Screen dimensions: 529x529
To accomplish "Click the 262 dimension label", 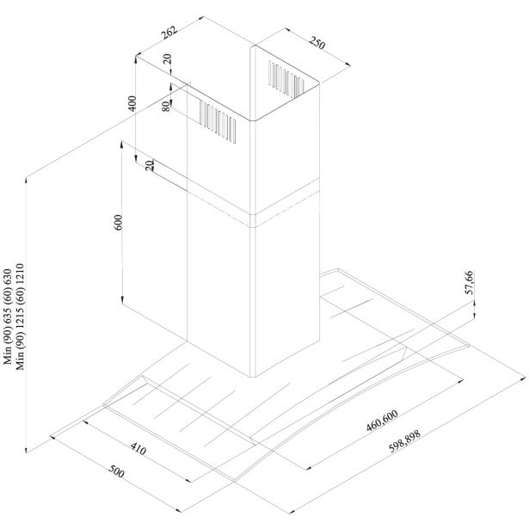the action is [x=169, y=33].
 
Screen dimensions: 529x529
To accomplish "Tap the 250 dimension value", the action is [x=317, y=43].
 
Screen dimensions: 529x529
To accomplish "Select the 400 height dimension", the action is [x=132, y=103].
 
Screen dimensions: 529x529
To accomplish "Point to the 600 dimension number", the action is [x=119, y=222].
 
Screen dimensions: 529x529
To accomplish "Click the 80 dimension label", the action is [x=166, y=107].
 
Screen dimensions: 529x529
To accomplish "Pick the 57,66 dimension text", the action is [x=470, y=282].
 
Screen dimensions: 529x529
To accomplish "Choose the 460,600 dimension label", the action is [x=382, y=421].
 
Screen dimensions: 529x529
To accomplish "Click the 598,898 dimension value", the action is [x=405, y=441].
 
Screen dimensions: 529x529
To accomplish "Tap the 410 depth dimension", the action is [x=138, y=450].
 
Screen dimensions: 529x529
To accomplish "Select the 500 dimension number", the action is [x=116, y=471].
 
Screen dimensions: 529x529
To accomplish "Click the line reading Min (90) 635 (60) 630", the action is [x=8, y=317].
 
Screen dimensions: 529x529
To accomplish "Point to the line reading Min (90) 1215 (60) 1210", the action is [x=20, y=317].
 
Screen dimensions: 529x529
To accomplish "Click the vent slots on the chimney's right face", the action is [x=286, y=80].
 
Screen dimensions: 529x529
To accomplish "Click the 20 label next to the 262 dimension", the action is [x=168, y=59].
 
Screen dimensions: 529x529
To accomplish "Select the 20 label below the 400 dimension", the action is [x=150, y=165].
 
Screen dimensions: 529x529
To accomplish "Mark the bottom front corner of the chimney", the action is [x=253, y=377].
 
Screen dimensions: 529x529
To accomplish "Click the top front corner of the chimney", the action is [x=253, y=120].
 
